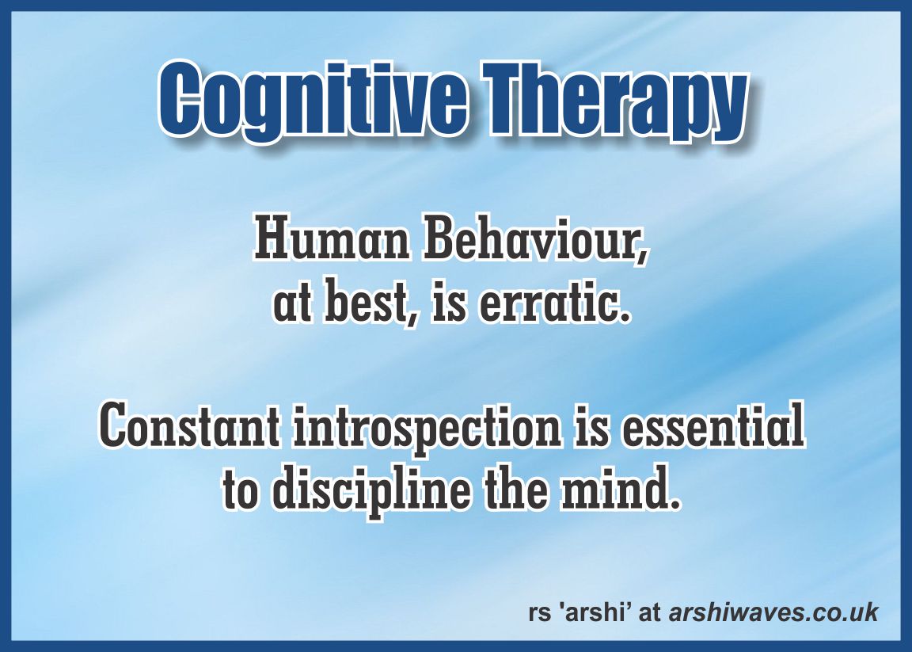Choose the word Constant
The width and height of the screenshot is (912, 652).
click(x=188, y=427)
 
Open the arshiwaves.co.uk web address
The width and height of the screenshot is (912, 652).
click(x=773, y=612)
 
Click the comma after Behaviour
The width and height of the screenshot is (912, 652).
click(x=640, y=257)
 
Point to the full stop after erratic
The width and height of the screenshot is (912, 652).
click(x=625, y=317)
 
